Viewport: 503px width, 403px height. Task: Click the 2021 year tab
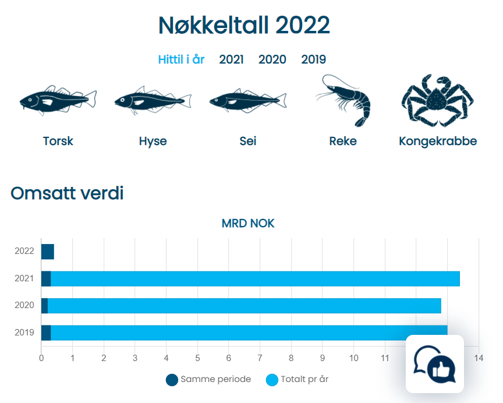[231, 59]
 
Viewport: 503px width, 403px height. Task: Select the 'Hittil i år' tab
[181, 59]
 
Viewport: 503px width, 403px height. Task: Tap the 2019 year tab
[313, 59]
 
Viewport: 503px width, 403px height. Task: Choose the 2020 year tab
[272, 59]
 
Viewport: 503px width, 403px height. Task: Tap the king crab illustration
[437, 100]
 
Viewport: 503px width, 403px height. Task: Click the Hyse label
[153, 142]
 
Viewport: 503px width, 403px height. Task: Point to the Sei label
[247, 142]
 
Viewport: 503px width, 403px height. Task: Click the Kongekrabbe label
[438, 142]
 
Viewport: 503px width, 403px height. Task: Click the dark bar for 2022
[47, 252]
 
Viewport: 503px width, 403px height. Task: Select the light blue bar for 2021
[255, 278]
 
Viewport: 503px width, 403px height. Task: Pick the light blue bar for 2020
[245, 306]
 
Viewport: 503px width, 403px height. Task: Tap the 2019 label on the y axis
[24, 333]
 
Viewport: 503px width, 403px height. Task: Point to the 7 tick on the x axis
[260, 358]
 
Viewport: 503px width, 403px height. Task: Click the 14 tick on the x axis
[479, 358]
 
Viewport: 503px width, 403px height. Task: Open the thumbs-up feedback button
[434, 364]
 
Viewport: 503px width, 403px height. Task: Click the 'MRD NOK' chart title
[248, 224]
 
